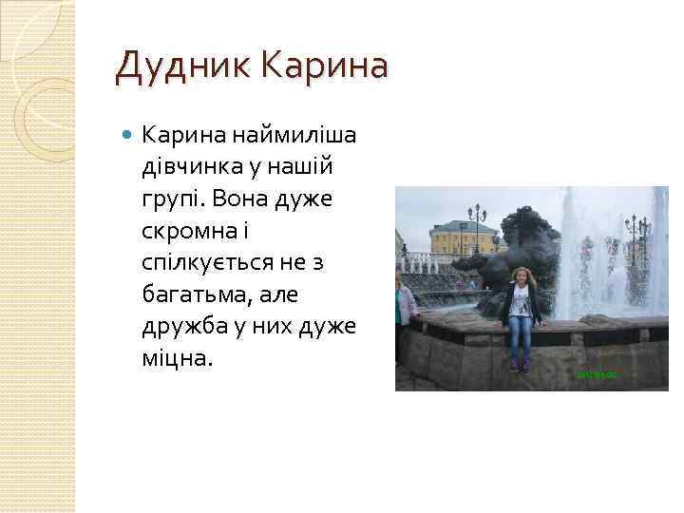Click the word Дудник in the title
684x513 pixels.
click(181, 67)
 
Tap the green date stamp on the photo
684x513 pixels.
click(597, 375)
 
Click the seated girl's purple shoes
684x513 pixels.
click(518, 365)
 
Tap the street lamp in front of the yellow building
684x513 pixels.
click(475, 228)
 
